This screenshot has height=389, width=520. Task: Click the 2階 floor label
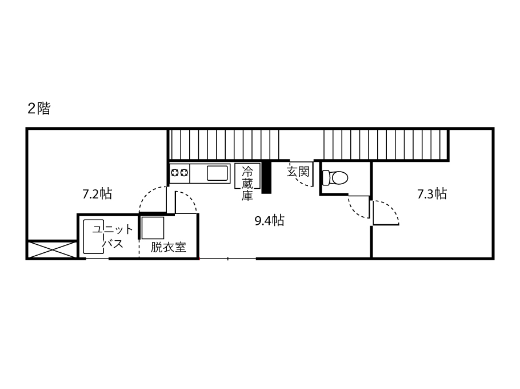(39, 108)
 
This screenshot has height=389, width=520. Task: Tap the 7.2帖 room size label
(97, 193)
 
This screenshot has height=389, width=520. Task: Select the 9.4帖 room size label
(269, 220)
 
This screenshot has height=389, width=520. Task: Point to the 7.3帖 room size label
(432, 193)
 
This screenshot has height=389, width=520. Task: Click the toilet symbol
(335, 177)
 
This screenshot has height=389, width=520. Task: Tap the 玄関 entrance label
(298, 172)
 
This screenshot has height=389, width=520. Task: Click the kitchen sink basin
(218, 173)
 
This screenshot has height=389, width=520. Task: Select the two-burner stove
(179, 173)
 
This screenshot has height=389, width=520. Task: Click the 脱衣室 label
(168, 247)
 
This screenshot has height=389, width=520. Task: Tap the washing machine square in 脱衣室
(153, 228)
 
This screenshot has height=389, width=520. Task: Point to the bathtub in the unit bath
(94, 236)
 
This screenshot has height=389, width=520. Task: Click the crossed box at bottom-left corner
(52, 249)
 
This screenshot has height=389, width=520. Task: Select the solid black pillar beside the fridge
(266, 177)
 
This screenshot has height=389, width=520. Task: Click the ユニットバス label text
(112, 236)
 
